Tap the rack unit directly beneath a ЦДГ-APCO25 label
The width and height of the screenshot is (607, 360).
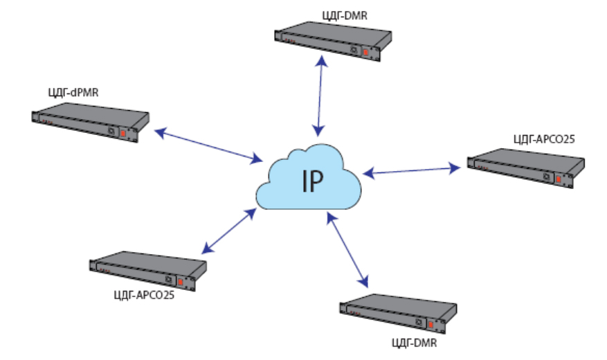[525, 168]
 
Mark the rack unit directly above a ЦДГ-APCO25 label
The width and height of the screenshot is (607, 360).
[148, 270]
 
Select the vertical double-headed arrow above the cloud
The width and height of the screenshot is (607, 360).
[319, 95]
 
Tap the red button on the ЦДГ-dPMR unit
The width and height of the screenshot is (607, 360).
[123, 132]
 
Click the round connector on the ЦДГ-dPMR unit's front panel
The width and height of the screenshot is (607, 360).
[111, 130]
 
